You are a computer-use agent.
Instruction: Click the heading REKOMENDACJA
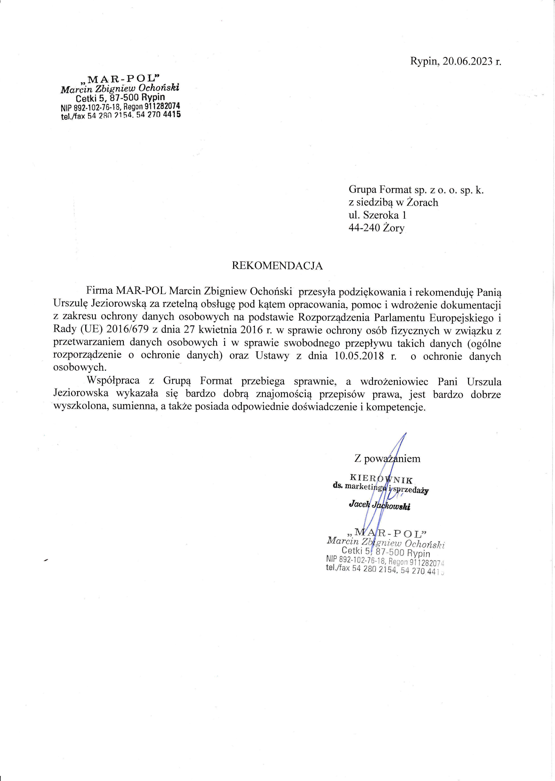277,266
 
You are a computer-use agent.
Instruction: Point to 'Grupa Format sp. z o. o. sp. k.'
416,189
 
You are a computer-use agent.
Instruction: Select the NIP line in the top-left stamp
120,107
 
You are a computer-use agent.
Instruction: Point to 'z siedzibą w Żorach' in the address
393,203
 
